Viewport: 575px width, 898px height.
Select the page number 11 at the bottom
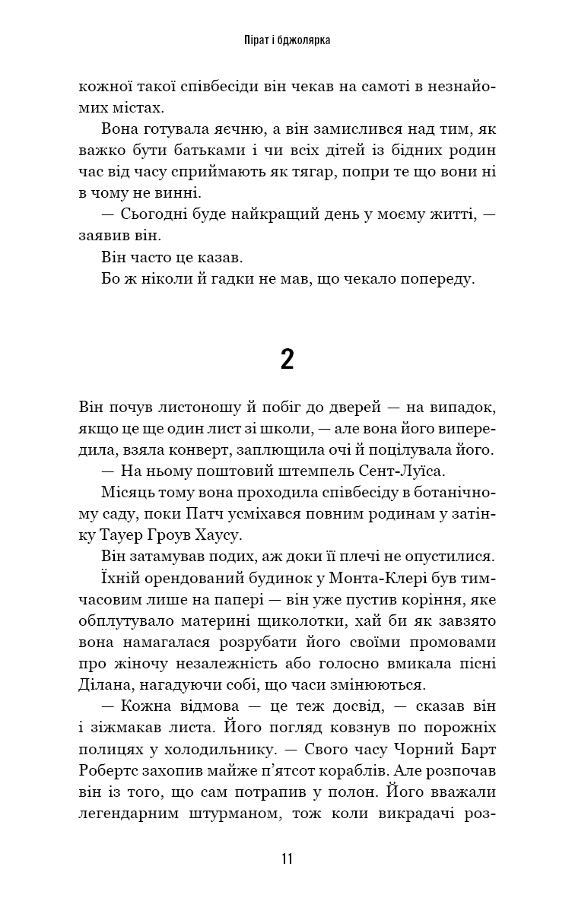point(287,859)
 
